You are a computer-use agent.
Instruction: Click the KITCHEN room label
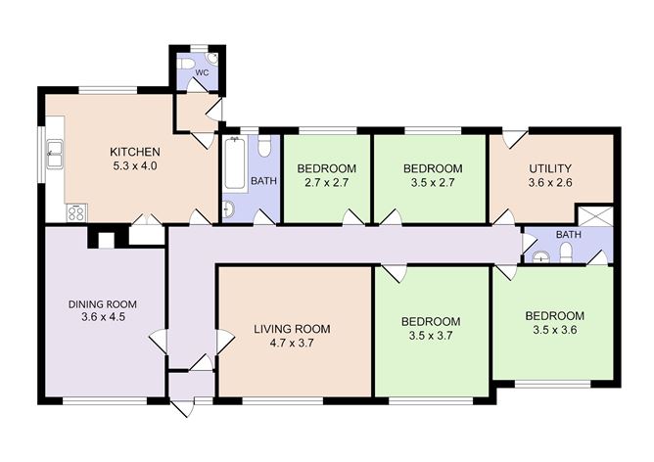(x=135, y=152)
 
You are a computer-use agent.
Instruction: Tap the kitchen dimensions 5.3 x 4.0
(x=135, y=166)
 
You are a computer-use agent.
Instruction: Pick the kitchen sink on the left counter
(x=56, y=154)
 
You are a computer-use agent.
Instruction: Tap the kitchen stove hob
(x=74, y=210)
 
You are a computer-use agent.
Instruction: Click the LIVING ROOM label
(x=292, y=329)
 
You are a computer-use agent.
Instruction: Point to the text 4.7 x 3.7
(x=292, y=344)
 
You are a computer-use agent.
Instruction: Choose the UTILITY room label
(x=550, y=168)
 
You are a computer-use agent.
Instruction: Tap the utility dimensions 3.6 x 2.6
(x=550, y=183)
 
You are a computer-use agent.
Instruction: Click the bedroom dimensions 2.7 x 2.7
(x=326, y=183)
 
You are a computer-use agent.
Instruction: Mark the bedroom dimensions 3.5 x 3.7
(x=431, y=336)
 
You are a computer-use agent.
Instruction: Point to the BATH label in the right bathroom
(x=569, y=235)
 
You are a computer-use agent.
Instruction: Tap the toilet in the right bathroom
(x=566, y=254)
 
